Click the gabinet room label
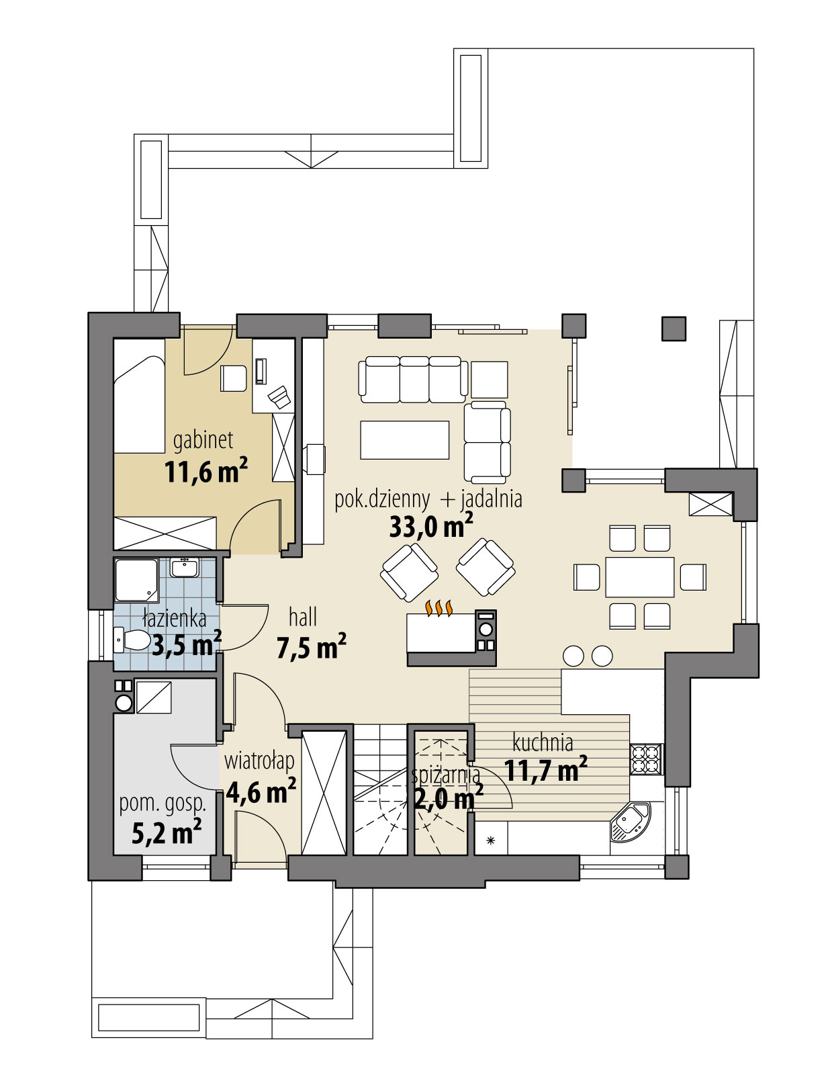click(203, 440)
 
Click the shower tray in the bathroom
click(136, 580)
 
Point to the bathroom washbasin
click(183, 568)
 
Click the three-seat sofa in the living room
click(413, 379)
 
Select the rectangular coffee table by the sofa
click(404, 439)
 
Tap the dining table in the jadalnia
click(639, 576)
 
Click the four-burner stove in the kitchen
click(646, 759)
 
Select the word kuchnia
click(543, 742)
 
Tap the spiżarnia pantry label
click(445, 775)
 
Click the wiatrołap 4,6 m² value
click(261, 791)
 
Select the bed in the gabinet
click(139, 396)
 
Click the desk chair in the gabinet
click(234, 378)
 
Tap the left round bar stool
click(573, 655)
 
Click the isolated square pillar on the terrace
click(674, 329)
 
